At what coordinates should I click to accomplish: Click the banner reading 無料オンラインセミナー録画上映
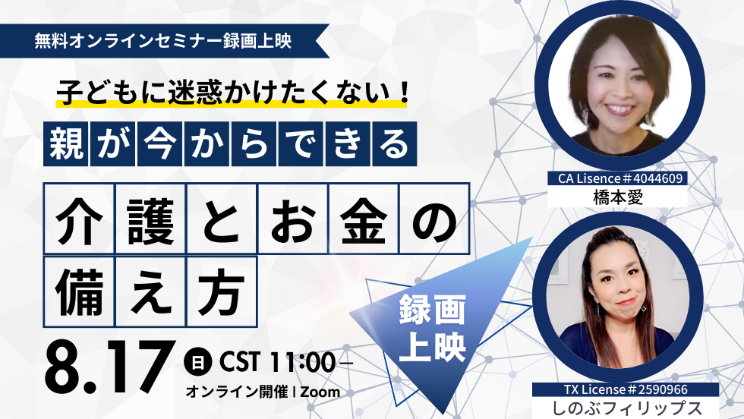click(164, 41)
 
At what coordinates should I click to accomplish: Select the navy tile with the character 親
click(65, 143)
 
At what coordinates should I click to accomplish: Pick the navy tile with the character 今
click(159, 143)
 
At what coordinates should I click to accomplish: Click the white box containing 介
click(79, 219)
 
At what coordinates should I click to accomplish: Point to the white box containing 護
click(150, 219)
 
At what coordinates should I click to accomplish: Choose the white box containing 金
click(363, 219)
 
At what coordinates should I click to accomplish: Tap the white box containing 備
click(79, 291)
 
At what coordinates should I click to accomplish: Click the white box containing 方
click(222, 291)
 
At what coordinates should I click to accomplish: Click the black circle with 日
click(197, 363)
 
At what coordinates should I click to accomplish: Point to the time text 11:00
click(302, 363)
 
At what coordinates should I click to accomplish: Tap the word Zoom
click(320, 392)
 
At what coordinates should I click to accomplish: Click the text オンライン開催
click(236, 392)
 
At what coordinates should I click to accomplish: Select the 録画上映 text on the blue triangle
click(432, 328)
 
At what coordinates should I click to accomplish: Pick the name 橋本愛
click(618, 197)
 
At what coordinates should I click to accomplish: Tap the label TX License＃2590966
click(626, 389)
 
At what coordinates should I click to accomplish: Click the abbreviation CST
click(239, 363)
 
